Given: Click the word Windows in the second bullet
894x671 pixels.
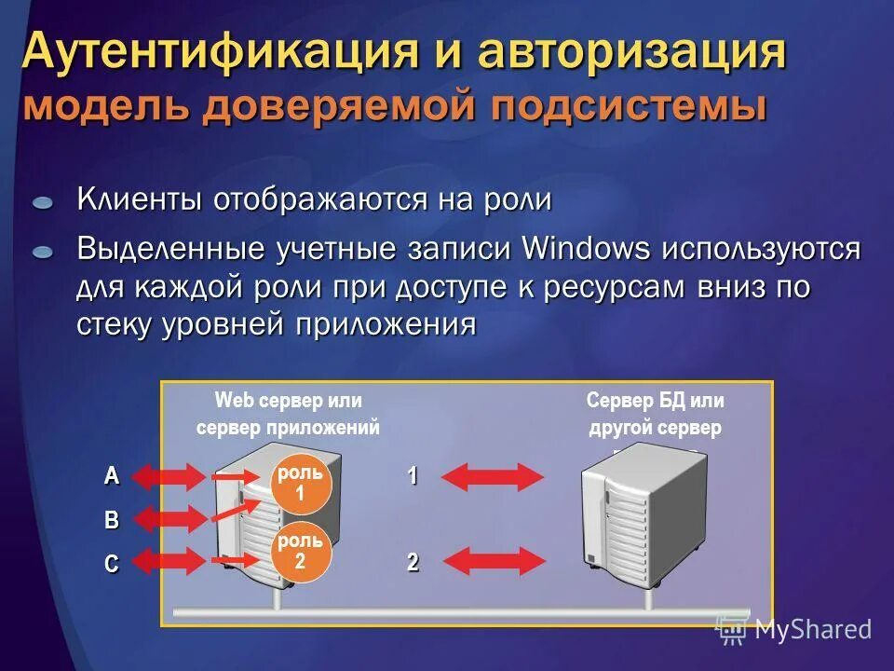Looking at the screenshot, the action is coord(586,250).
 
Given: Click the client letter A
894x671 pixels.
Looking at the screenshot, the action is coord(112,476).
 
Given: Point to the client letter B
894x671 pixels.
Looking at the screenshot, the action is coord(112,520).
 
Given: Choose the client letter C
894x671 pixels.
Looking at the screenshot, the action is coord(112,563).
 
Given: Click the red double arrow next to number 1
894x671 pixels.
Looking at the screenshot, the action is coord(492,476).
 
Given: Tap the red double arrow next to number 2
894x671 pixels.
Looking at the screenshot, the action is coord(492,561).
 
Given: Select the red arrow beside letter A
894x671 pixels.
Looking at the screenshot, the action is coord(169,476).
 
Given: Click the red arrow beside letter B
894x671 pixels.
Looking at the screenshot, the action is coord(169,519).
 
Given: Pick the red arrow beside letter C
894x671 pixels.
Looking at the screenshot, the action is coord(169,561).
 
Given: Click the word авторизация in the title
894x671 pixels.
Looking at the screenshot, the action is coord(632,52).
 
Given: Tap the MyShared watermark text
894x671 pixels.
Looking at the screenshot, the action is coord(813,629).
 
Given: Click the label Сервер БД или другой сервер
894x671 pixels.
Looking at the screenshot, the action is coord(656,414).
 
